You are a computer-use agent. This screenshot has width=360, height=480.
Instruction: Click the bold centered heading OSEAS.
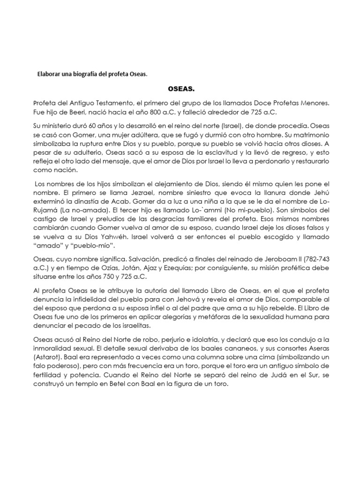click(181, 88)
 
